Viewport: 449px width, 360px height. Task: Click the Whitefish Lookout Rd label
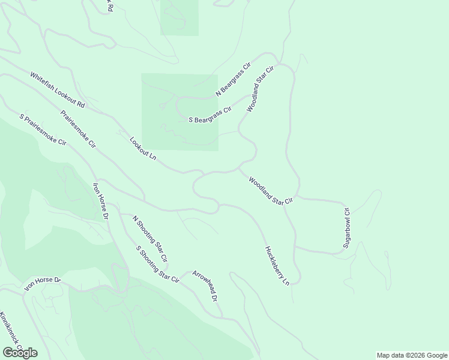[x=58, y=91]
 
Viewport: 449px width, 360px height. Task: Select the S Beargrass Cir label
[x=210, y=115]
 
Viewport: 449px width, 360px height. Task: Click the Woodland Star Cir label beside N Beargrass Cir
[x=260, y=89]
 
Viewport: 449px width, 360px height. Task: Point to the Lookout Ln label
[x=143, y=149]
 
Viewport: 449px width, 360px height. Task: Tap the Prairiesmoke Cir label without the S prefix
[x=77, y=128]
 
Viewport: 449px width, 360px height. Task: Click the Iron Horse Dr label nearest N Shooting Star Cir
[x=100, y=200]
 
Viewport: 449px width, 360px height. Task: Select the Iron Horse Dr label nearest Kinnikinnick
[x=43, y=283]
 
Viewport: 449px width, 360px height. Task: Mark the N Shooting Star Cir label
[x=149, y=239]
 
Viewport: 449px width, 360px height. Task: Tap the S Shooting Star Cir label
[x=157, y=263]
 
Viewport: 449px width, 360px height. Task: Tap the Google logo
[x=20, y=352]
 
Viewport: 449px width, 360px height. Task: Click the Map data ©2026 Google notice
[x=411, y=355]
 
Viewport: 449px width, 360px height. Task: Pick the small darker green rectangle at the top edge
[x=179, y=17]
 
